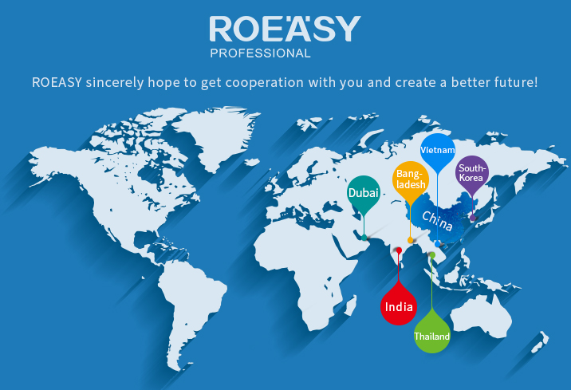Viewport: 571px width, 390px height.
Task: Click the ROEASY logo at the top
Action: [x=285, y=29]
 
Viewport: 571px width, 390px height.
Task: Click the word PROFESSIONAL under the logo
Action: [x=260, y=53]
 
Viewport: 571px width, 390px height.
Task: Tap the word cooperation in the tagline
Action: [x=265, y=83]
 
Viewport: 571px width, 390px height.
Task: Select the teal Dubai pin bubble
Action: [x=364, y=193]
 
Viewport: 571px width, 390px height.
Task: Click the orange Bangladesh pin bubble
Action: [x=411, y=179]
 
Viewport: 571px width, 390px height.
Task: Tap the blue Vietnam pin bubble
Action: [x=437, y=150]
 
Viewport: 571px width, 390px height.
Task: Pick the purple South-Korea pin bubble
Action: [x=472, y=173]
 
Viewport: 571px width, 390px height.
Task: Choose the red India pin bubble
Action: [x=399, y=306]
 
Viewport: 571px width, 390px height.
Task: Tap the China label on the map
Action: [x=437, y=221]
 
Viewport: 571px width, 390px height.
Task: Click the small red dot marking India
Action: [x=399, y=250]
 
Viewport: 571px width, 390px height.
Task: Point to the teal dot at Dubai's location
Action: [x=364, y=238]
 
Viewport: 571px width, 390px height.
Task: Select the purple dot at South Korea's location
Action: [x=473, y=218]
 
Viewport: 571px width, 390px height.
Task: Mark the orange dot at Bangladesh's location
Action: [x=411, y=240]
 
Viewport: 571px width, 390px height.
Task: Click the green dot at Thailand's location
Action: [x=432, y=255]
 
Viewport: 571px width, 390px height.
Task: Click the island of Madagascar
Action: [x=350, y=305]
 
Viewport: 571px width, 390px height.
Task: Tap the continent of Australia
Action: [x=482, y=316]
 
